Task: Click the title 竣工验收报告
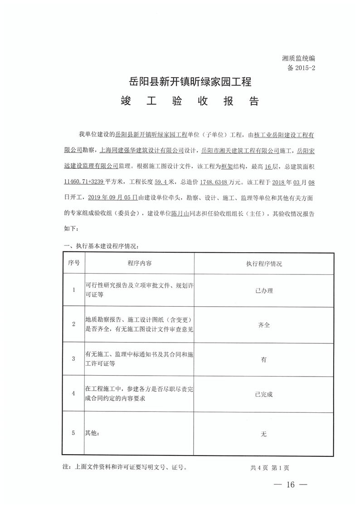190,101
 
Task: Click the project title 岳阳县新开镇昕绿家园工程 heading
190,83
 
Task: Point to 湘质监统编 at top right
298,59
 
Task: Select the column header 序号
73,264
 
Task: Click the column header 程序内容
140,264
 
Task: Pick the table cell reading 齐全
263,325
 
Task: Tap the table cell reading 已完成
263,394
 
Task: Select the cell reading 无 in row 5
263,434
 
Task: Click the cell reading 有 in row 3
263,359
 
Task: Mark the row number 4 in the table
73,394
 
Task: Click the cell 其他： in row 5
92,433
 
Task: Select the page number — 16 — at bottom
290,485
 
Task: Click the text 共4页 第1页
269,467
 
